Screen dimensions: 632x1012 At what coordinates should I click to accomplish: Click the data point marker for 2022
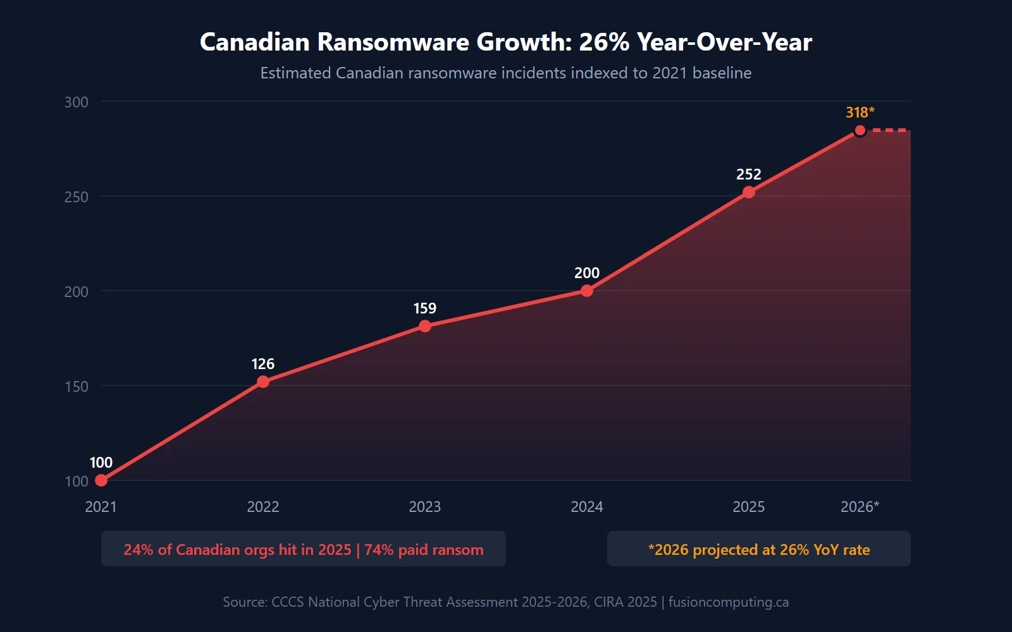tap(263, 382)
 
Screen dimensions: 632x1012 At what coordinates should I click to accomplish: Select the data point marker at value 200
tap(587, 291)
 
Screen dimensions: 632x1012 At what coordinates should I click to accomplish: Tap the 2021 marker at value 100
tap(101, 480)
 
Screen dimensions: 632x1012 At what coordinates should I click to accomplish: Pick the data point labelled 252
tap(749, 192)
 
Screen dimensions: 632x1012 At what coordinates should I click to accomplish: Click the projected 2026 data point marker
tap(860, 131)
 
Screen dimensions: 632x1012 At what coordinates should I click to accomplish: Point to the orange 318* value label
tap(860, 112)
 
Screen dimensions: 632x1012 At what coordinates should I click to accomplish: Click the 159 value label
tap(425, 308)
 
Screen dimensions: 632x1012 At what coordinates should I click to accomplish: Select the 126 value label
tap(263, 364)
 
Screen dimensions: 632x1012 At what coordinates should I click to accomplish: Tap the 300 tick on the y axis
tap(77, 102)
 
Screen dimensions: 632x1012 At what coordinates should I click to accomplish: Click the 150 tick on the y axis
tap(77, 387)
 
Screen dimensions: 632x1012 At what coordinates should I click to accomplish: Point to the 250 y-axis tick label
tap(77, 197)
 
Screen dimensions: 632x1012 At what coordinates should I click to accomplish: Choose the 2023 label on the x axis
tap(425, 507)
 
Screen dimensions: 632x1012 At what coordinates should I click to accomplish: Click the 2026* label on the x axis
tap(860, 507)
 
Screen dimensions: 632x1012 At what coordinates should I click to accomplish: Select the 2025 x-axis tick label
tap(749, 507)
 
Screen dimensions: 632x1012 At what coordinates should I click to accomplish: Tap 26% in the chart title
tap(604, 42)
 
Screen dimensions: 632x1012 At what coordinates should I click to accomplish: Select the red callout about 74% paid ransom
tap(304, 549)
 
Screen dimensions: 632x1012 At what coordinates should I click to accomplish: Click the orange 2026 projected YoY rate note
tap(759, 549)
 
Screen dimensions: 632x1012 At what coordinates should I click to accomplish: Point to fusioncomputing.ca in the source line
tap(729, 602)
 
